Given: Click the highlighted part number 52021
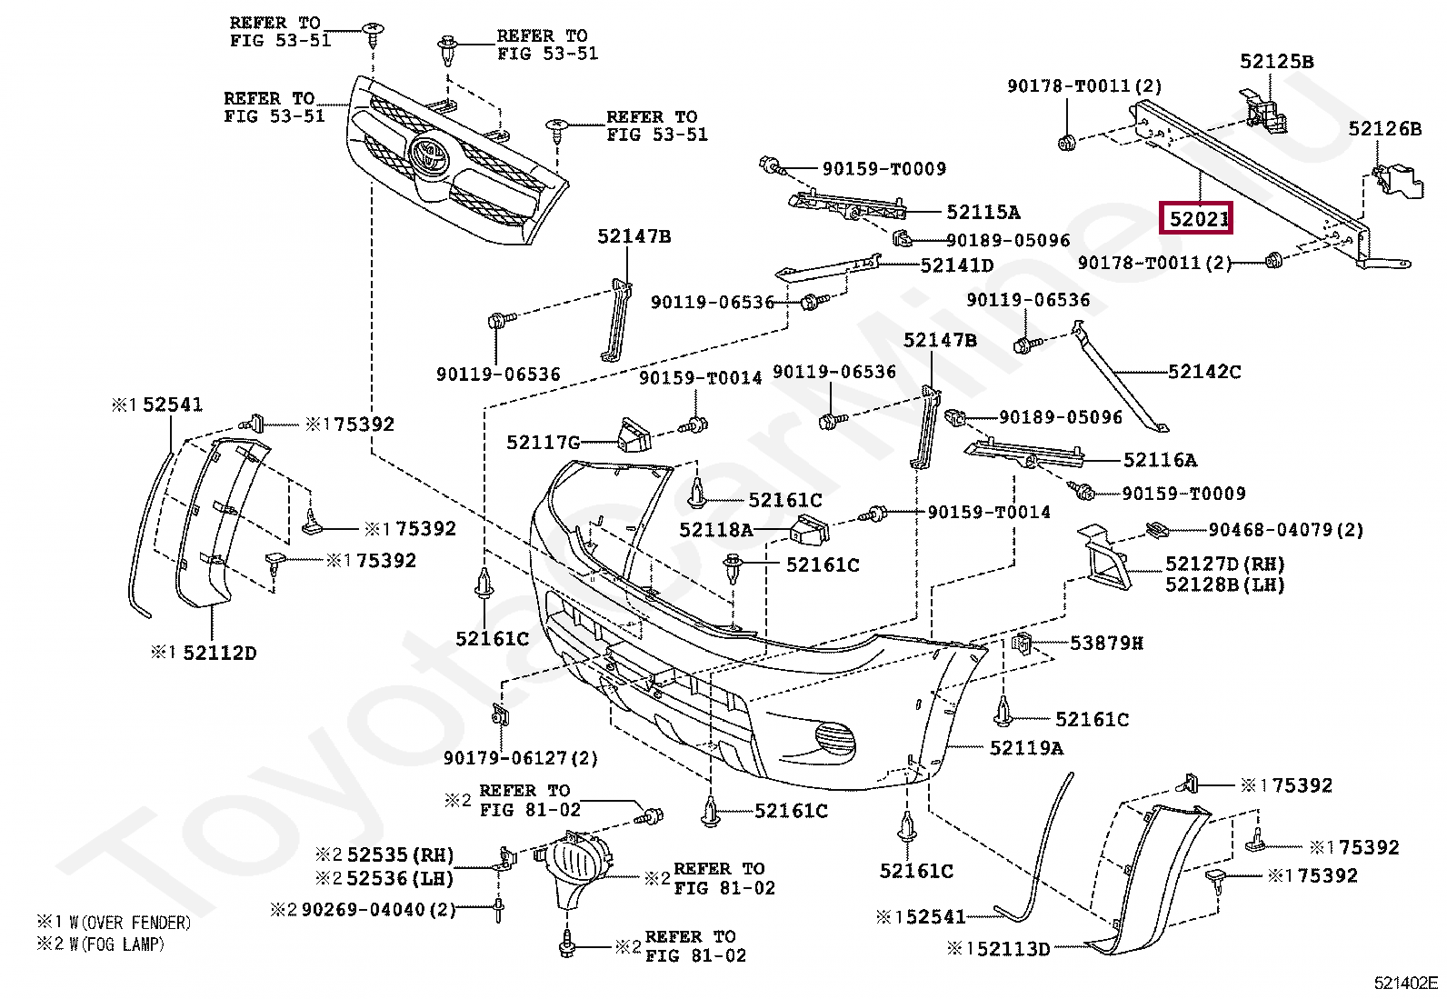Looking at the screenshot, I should pyautogui.click(x=1197, y=219).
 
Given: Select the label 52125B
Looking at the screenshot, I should pyautogui.click(x=1276, y=62).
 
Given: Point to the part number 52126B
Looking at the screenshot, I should pyautogui.click(x=1384, y=129).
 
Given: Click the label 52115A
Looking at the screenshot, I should pyautogui.click(x=983, y=213).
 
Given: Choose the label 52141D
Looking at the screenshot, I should pyautogui.click(x=956, y=265).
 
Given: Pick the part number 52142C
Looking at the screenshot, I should pyautogui.click(x=1203, y=372).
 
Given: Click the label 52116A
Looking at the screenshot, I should pyautogui.click(x=1160, y=460).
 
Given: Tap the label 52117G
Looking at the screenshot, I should pyautogui.click(x=543, y=443).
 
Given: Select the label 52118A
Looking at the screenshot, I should pyautogui.click(x=716, y=530).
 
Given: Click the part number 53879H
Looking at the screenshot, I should pyautogui.click(x=1106, y=644).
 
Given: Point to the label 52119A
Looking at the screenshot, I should pyautogui.click(x=1025, y=748).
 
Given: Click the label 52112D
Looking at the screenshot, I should pyautogui.click(x=219, y=653).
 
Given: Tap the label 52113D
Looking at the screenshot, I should pyautogui.click(x=1007, y=949).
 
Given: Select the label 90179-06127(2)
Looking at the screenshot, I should pyautogui.click(x=520, y=758).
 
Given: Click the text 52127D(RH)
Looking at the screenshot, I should pyautogui.click(x=1225, y=564).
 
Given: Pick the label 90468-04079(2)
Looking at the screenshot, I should pyautogui.click(x=1285, y=530).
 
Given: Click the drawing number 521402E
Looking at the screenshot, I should pyautogui.click(x=1405, y=983).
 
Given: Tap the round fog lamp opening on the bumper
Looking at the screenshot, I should pyautogui.click(x=833, y=736).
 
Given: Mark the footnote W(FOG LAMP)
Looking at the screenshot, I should pyautogui.click(x=116, y=944).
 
